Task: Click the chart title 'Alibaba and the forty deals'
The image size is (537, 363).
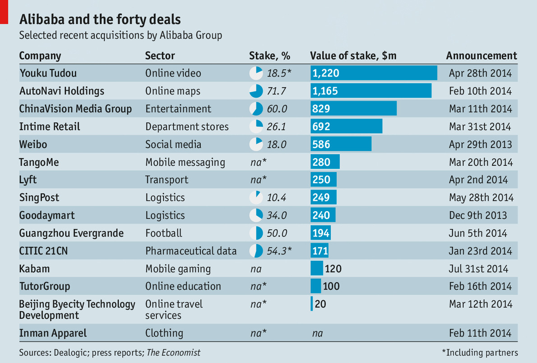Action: pyautogui.click(x=100, y=20)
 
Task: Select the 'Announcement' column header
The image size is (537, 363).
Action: pyautogui.click(x=481, y=56)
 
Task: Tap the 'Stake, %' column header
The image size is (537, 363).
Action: pyautogui.click(x=269, y=56)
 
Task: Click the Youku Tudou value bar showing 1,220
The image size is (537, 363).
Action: pyautogui.click(x=374, y=73)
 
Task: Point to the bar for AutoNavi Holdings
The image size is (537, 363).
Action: pyautogui.click(x=371, y=91)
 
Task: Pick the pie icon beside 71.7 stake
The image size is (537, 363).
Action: pyautogui.click(x=256, y=91)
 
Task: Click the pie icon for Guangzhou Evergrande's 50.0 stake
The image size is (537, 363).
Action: pyautogui.click(x=256, y=233)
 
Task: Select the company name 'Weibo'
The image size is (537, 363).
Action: pyautogui.click(x=33, y=145)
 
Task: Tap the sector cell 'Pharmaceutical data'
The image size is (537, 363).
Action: pyautogui.click(x=191, y=251)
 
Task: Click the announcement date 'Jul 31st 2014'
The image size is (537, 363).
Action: pyautogui.click(x=478, y=269)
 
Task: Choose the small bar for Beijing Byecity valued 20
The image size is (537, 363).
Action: pyautogui.click(x=312, y=304)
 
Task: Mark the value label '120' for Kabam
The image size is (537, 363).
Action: pyautogui.click(x=333, y=269)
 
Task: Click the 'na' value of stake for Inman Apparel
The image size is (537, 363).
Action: pyautogui.click(x=318, y=334)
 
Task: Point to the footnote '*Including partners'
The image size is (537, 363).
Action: pyautogui.click(x=480, y=353)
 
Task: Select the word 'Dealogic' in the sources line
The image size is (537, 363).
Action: pyautogui.click(x=70, y=353)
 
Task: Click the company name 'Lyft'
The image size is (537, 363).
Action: pyautogui.click(x=28, y=180)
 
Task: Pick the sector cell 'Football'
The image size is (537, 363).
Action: pyautogui.click(x=164, y=233)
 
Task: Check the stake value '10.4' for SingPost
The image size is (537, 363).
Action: pyautogui.click(x=277, y=198)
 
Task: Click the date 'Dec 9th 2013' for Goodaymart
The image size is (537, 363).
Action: pyautogui.click(x=478, y=216)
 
